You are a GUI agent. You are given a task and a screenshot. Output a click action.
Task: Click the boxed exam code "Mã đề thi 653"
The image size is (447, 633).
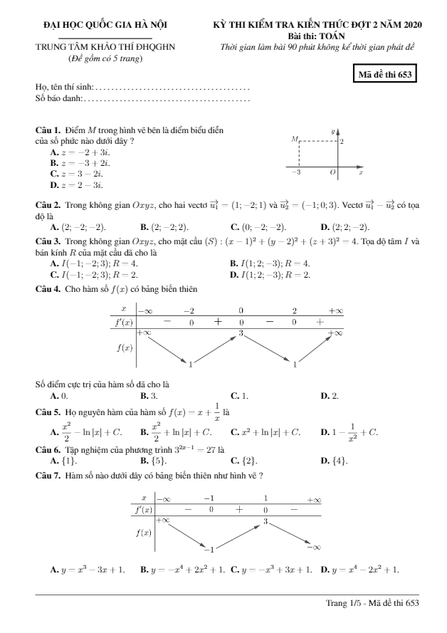[x=387, y=74]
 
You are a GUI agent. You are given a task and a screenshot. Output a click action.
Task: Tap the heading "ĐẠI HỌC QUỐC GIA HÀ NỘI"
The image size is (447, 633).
[x=105, y=25]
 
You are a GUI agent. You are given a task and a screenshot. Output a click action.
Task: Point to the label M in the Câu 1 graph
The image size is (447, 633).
[x=293, y=142]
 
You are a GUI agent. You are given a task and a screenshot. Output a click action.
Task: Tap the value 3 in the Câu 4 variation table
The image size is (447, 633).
[x=241, y=333]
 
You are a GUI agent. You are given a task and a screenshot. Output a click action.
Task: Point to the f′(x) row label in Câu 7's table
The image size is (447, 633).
[x=144, y=510]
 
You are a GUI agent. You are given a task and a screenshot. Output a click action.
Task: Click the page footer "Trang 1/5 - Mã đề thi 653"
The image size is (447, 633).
[x=372, y=604]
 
